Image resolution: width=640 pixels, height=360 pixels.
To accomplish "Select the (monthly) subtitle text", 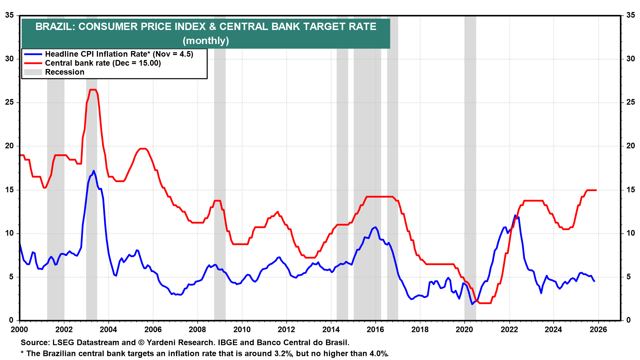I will [206, 41].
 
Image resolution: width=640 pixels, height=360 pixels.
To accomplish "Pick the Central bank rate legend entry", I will [103, 63].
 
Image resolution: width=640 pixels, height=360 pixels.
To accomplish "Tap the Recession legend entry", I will [65, 72].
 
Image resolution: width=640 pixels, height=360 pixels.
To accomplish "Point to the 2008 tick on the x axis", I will [197, 330].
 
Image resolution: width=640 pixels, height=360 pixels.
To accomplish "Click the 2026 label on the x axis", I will [598, 330].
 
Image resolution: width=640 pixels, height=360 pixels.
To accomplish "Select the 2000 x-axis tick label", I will [19, 330].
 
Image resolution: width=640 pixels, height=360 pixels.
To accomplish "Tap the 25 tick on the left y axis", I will [9, 102].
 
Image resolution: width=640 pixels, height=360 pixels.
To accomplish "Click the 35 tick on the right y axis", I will [631, 15].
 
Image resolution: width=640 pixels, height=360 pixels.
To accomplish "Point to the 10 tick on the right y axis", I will [631, 233].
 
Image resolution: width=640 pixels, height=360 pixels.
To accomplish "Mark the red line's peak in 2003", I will [93, 90].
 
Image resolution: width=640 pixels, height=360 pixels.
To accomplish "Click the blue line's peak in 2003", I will [94, 171].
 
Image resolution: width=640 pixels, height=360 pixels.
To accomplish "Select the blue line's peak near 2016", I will [376, 227].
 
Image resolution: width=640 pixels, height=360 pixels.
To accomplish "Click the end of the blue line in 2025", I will [594, 281].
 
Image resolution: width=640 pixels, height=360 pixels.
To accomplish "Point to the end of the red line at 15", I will [596, 190].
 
